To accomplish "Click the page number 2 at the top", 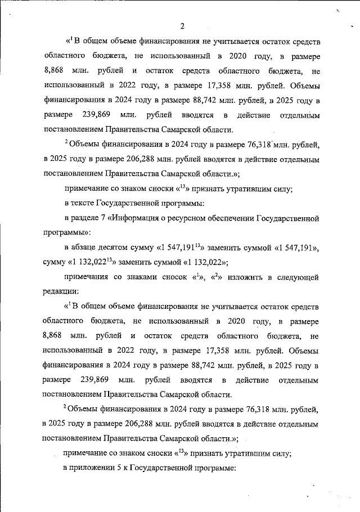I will [x=183, y=25].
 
